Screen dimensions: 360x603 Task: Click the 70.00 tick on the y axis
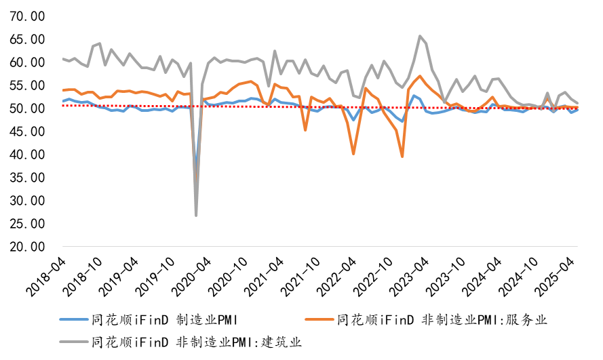pyautogui.click(x=28, y=16)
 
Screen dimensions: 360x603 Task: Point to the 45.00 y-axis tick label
pyautogui.click(x=28, y=132)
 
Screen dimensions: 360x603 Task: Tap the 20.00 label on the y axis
pyautogui.click(x=28, y=247)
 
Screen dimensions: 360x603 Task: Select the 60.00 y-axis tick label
pyautogui.click(x=28, y=62)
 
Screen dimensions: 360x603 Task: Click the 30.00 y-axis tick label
pyautogui.click(x=28, y=201)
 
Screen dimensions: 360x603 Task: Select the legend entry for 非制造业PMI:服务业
pyautogui.click(x=441, y=319)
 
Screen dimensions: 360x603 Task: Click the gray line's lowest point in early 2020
pyautogui.click(x=197, y=216)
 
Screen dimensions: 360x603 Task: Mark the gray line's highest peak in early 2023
pyautogui.click(x=421, y=36)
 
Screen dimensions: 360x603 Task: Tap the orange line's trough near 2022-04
pyautogui.click(x=353, y=154)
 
